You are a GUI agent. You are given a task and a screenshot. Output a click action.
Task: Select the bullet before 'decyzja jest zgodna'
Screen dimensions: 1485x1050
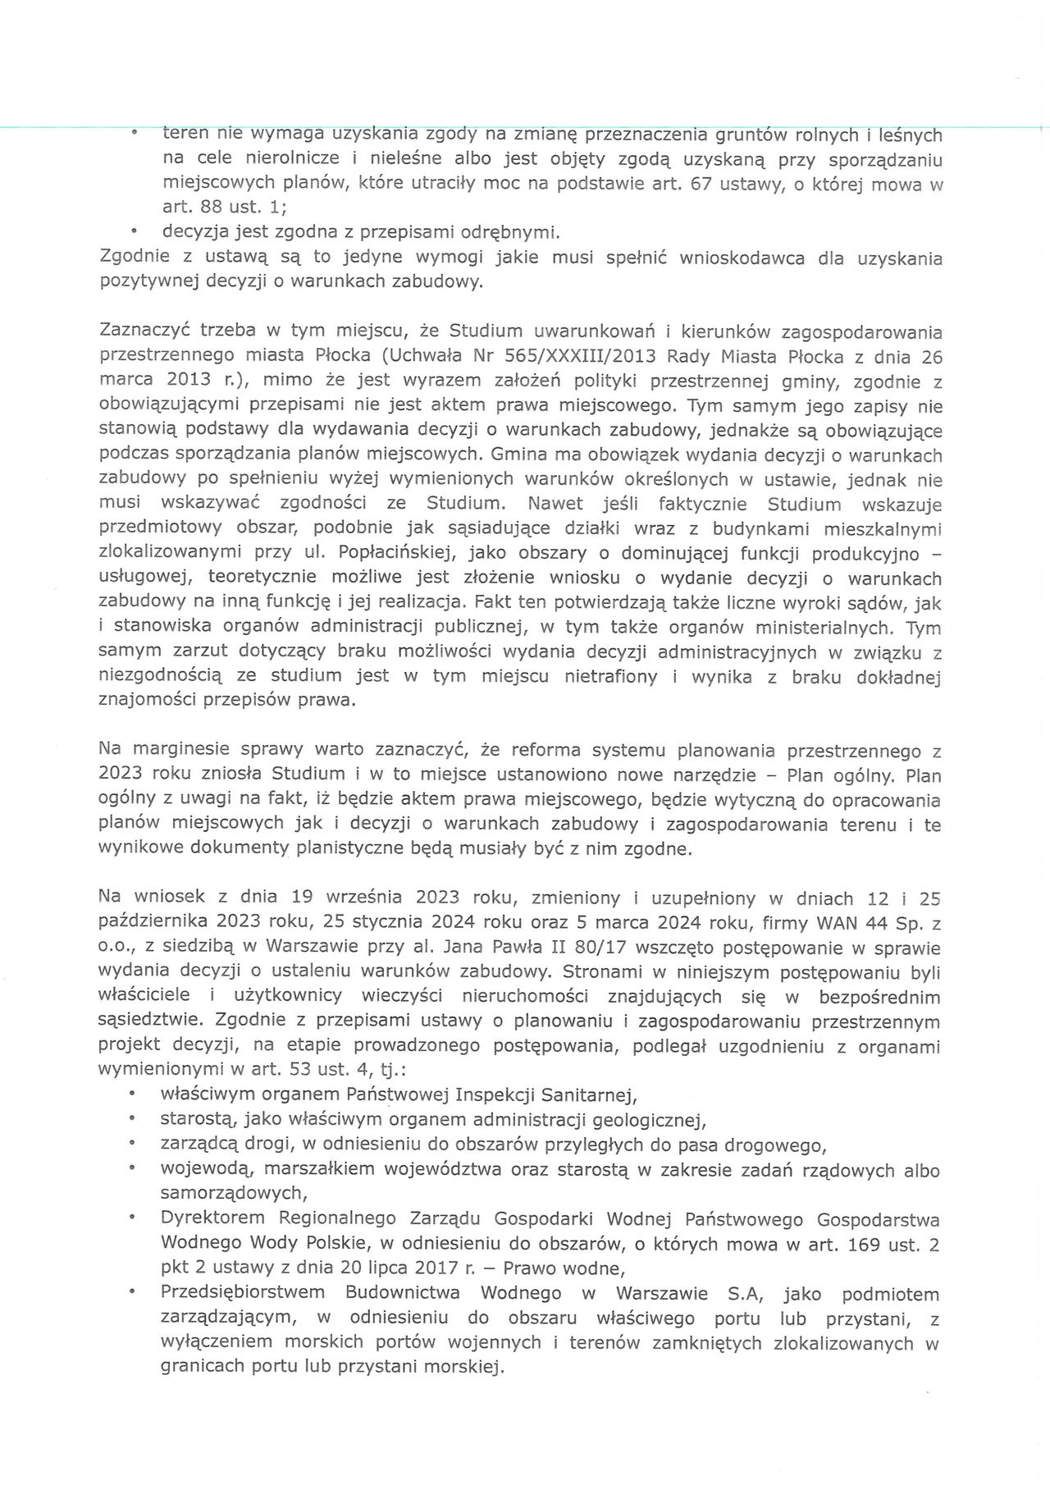tap(134, 233)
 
